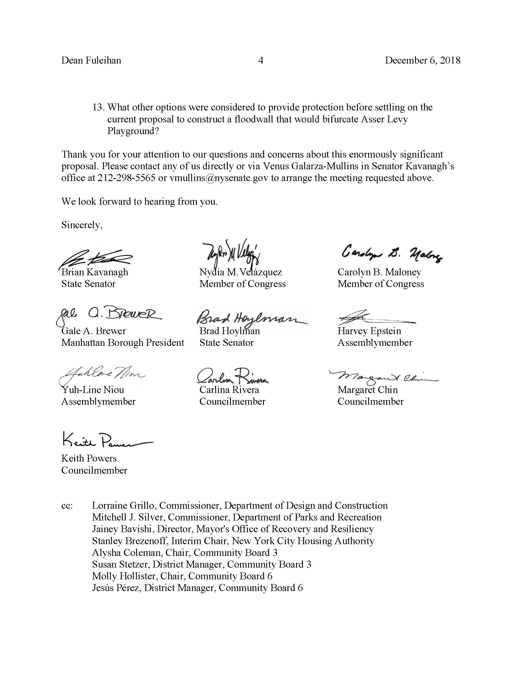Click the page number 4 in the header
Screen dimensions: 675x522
click(261, 60)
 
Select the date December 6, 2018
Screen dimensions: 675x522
click(422, 60)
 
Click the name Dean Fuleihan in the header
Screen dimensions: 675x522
click(91, 60)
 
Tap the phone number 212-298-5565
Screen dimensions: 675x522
click(126, 178)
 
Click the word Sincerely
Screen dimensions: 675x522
click(82, 225)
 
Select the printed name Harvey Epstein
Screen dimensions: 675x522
click(369, 331)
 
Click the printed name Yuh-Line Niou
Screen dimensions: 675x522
click(92, 390)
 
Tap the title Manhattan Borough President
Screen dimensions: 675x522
click(123, 343)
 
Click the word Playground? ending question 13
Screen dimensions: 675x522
click(133, 131)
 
